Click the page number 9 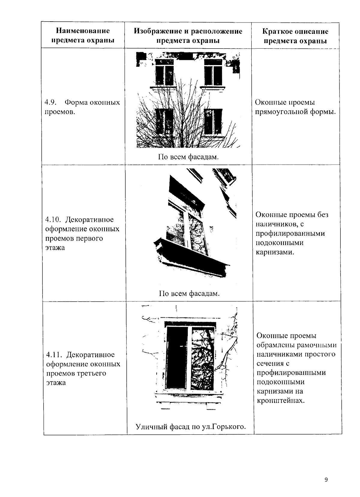326,480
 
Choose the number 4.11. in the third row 54,355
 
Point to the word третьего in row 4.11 92,373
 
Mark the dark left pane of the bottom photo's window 177,357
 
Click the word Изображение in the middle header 156,31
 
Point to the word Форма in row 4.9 76,103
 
